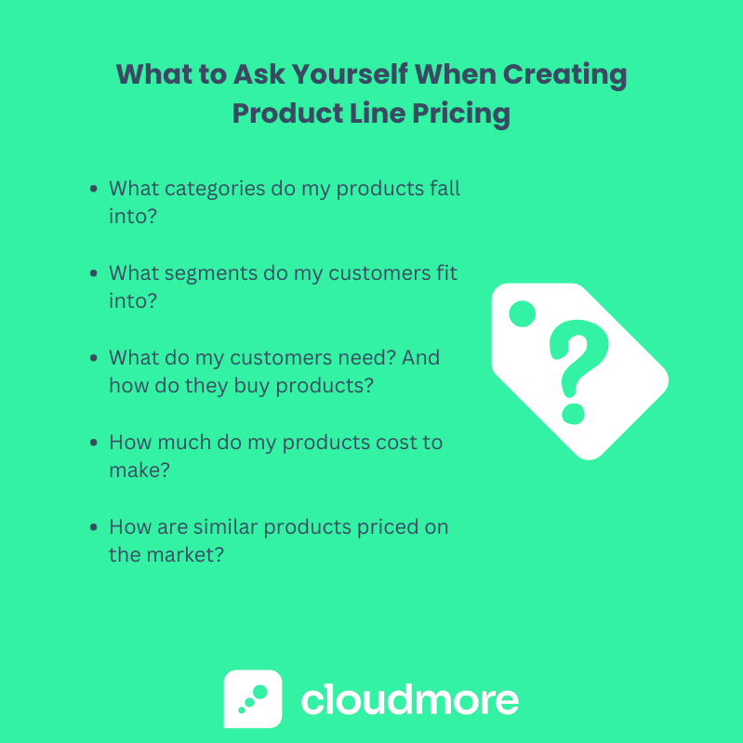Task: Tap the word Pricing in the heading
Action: pos(462,113)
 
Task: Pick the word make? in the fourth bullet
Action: pos(139,471)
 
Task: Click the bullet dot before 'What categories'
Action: pos(94,189)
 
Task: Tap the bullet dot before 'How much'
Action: pos(94,443)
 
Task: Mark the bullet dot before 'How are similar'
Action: pos(94,527)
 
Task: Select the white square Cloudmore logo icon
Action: pos(252,698)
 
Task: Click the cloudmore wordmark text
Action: pos(409,698)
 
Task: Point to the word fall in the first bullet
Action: pos(443,188)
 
